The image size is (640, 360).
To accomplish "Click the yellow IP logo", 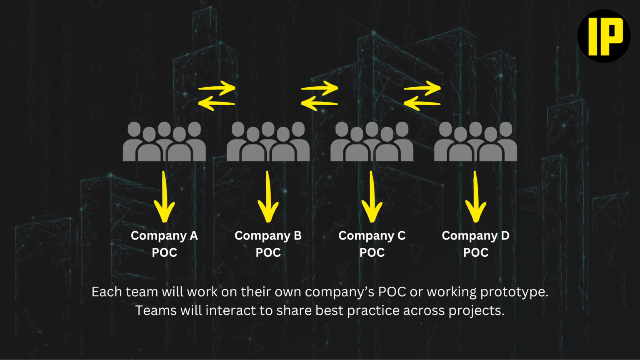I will [x=604, y=36].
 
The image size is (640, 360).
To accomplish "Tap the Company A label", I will [x=164, y=236].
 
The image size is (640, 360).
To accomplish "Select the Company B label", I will [x=268, y=236].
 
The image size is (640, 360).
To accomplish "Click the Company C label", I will [x=372, y=236].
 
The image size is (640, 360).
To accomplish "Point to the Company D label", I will [x=475, y=236].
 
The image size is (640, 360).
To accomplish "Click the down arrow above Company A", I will [x=164, y=197].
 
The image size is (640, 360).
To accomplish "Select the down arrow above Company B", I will [x=268, y=197].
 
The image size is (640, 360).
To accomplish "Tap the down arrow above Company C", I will [x=372, y=197].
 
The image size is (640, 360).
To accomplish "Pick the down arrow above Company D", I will [x=475, y=197].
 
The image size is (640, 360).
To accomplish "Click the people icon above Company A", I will [x=164, y=142].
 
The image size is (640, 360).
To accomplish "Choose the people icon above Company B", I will [x=268, y=142].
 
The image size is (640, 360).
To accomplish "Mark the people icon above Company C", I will [x=372, y=142].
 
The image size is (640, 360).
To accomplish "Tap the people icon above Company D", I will [x=475, y=142].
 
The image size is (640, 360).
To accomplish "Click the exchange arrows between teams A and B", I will [x=217, y=96].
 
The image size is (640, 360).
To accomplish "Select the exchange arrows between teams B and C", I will [x=320, y=96].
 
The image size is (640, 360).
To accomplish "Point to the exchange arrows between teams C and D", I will [x=422, y=96].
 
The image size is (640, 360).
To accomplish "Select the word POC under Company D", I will [x=475, y=252].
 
